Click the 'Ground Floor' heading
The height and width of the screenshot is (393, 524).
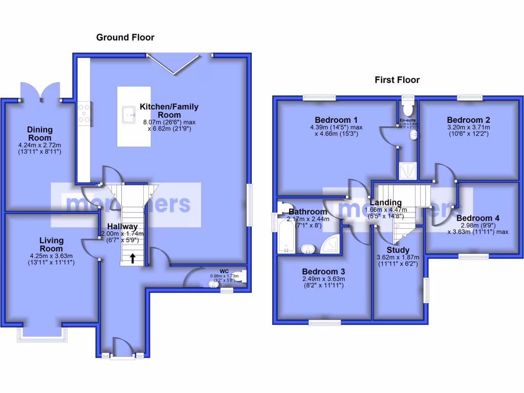coord(125,37)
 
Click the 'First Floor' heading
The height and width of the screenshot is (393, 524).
coord(397,80)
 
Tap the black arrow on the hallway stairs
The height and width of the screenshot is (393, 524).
coord(133,258)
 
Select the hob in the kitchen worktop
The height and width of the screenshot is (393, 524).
coord(84,114)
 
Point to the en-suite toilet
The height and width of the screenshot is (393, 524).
coord(408,109)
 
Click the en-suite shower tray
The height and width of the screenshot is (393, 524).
coord(408,170)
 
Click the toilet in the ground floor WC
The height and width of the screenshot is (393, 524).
coord(242,277)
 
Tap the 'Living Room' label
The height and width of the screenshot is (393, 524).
coord(52,244)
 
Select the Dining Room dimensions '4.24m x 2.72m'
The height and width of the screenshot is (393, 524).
coord(40,145)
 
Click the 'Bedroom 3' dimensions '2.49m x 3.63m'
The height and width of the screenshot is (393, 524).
coord(323,279)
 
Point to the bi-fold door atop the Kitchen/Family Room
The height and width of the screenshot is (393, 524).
coord(179,63)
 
